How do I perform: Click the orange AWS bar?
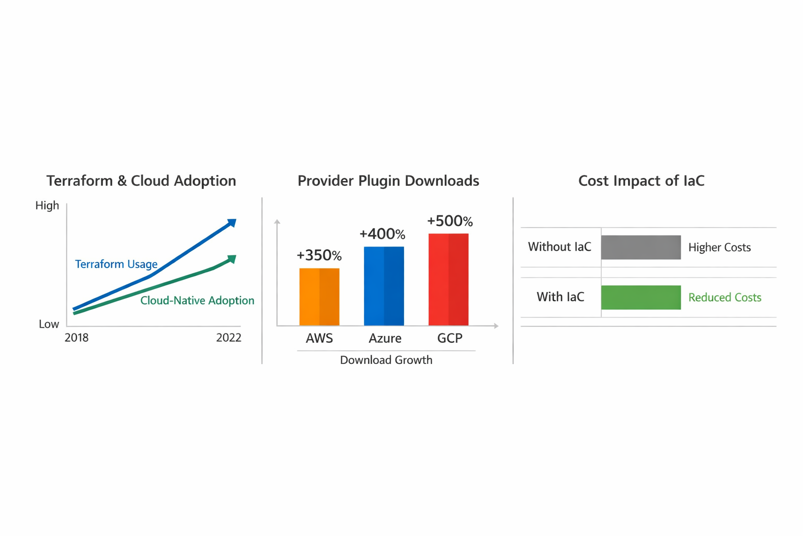(319, 297)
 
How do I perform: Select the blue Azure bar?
(384, 286)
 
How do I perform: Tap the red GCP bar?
(449, 280)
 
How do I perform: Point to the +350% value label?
(319, 255)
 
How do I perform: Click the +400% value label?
(383, 233)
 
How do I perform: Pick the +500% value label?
(450, 221)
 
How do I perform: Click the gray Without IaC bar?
(641, 248)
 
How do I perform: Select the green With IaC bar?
(641, 297)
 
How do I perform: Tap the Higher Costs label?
(719, 248)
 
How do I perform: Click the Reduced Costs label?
(725, 297)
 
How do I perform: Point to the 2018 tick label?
(76, 338)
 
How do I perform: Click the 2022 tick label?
(228, 338)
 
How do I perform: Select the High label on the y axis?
(47, 205)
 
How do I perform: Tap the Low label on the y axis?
(49, 324)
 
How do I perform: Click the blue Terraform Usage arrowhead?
(232, 223)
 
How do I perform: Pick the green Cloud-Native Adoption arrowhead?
(232, 259)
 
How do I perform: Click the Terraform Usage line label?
(116, 264)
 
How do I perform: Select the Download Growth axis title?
(386, 360)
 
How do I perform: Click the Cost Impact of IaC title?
(641, 181)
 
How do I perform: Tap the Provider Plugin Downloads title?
(388, 181)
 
